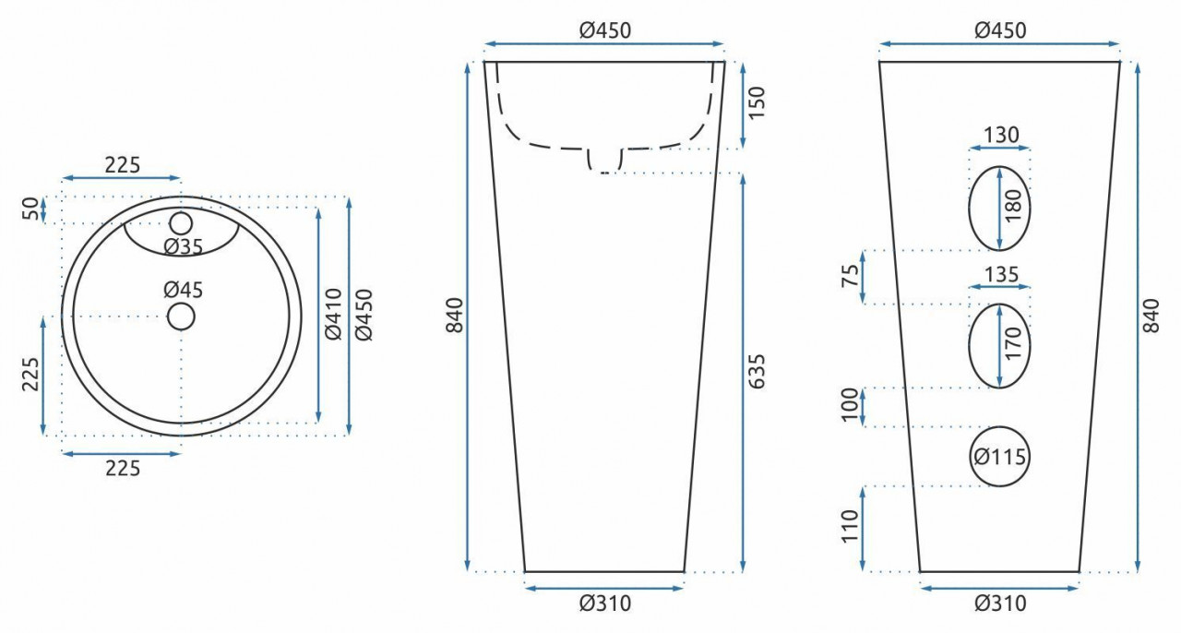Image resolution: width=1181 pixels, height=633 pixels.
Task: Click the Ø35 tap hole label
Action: point(184,247)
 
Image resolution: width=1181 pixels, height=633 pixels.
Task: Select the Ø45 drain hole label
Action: point(184,290)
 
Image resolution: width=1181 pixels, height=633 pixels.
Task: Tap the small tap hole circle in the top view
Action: point(181,223)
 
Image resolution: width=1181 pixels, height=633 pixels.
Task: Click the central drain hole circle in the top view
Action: point(181,316)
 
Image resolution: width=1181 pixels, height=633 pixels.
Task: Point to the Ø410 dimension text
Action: point(334,314)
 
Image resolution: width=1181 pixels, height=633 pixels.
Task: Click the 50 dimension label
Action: point(31,209)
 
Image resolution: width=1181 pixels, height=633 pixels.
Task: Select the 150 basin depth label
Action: point(756,102)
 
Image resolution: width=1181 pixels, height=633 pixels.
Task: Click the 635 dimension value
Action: point(756,371)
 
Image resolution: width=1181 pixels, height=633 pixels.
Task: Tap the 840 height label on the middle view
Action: point(454,316)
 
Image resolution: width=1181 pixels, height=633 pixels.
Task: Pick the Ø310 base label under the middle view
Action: point(605,603)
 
